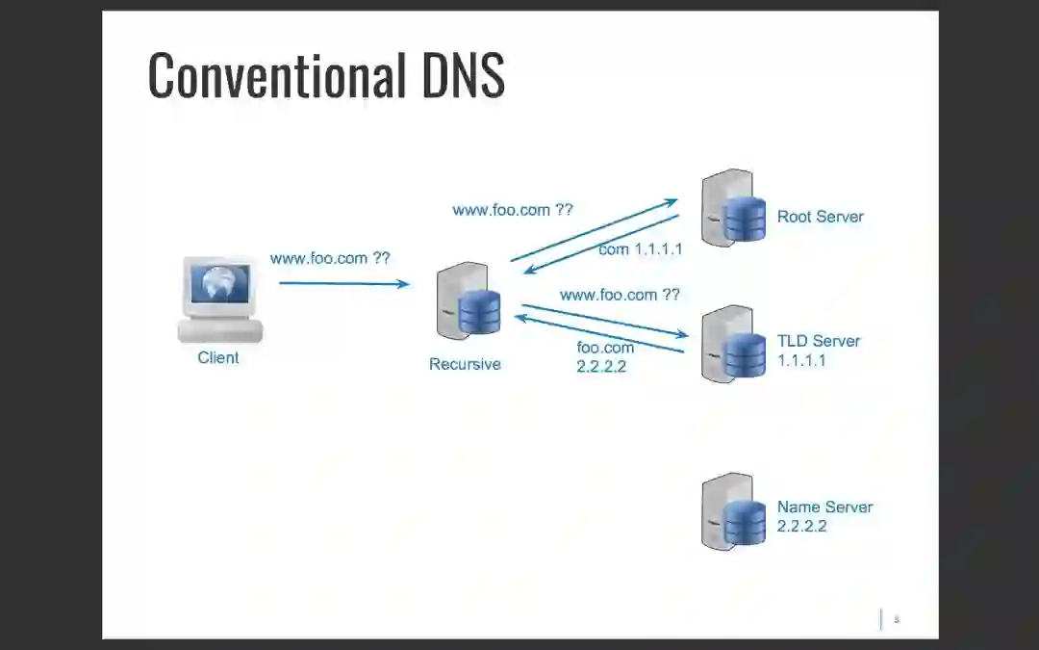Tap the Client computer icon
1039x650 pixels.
[x=220, y=299]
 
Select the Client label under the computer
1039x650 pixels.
[x=218, y=358]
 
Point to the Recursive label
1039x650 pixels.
[x=465, y=365]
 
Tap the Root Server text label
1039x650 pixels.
[x=820, y=217]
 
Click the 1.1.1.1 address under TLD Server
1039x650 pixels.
[x=801, y=361]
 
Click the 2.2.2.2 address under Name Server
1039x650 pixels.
[x=801, y=527]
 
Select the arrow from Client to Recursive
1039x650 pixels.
[x=343, y=283]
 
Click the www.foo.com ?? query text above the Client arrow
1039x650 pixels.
[x=330, y=258]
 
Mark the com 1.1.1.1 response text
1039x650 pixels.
[x=640, y=249]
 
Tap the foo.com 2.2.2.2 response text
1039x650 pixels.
[x=605, y=356]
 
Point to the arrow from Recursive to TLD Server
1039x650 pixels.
[x=604, y=321]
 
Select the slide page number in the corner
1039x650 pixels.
[x=897, y=619]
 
